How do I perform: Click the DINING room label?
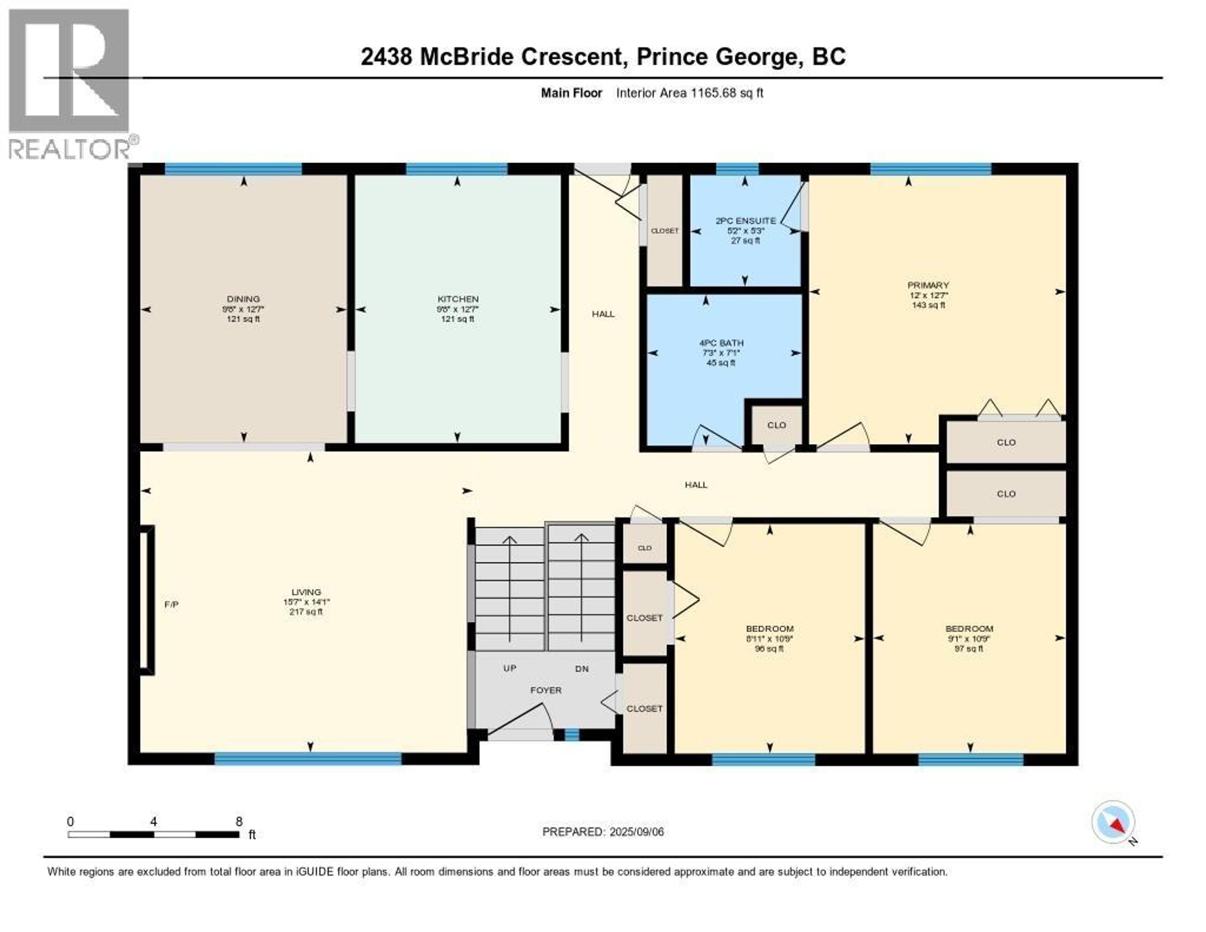[243, 299]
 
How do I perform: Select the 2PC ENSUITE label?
[745, 221]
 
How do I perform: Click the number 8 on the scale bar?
[239, 821]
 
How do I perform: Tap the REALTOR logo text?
[69, 149]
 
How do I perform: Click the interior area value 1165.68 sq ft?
[727, 93]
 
